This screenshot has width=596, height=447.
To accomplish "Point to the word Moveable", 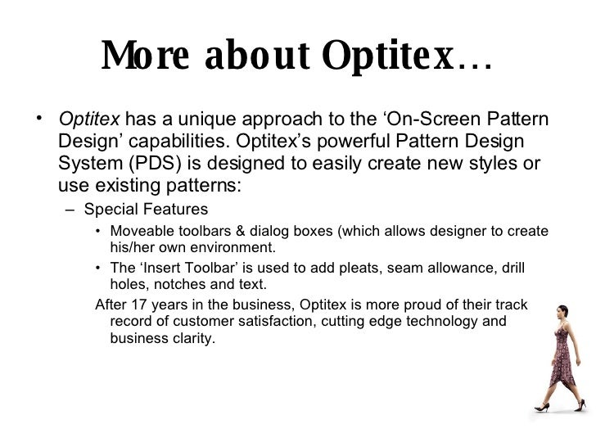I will point(142,230).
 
